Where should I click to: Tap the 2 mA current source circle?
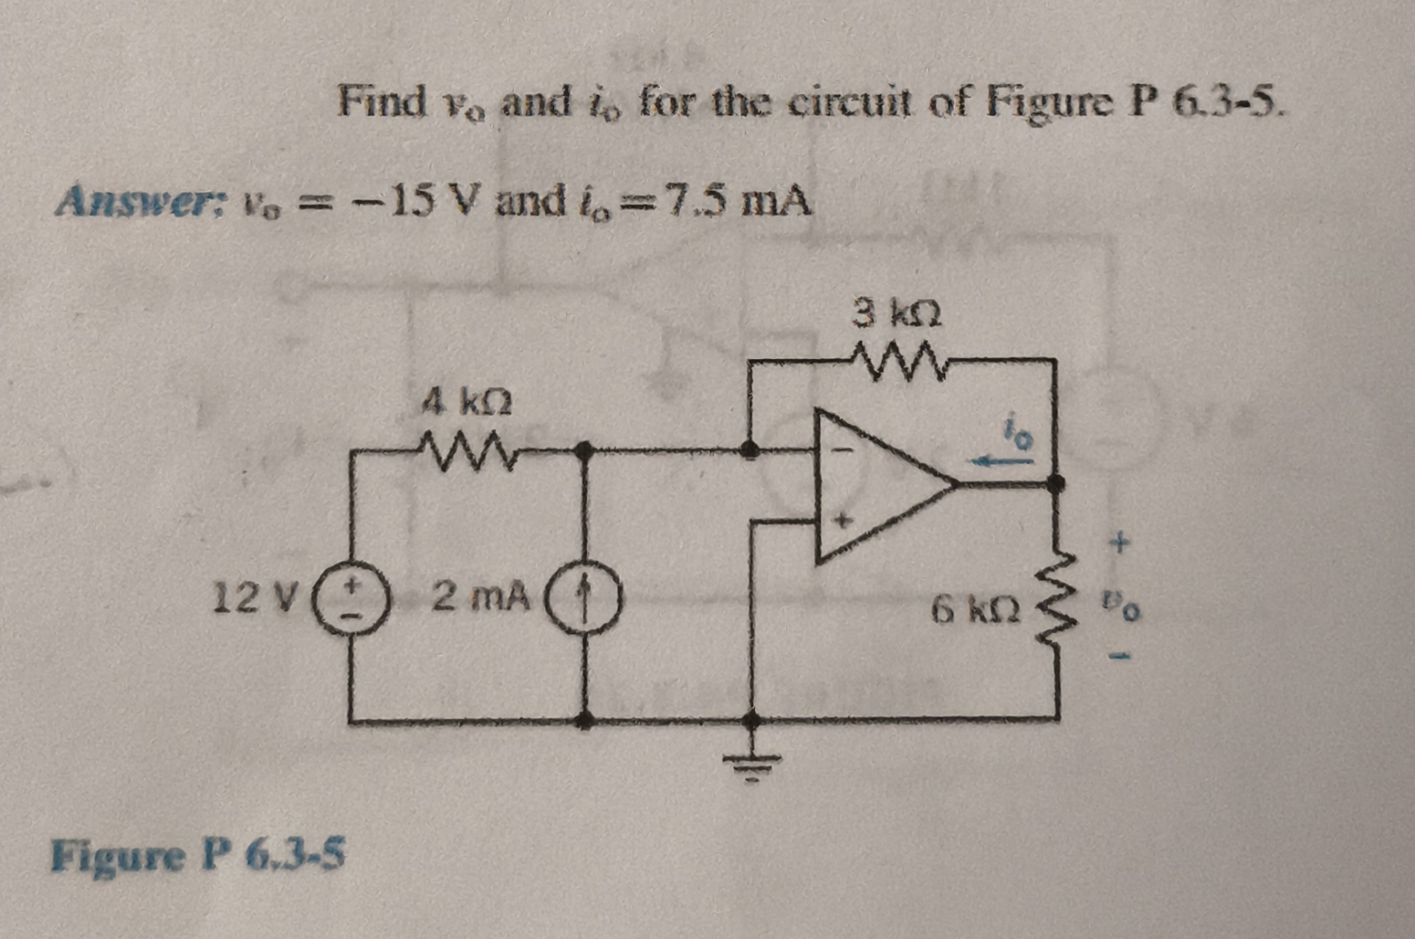pyautogui.click(x=584, y=601)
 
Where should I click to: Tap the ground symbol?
pyautogui.click(x=753, y=763)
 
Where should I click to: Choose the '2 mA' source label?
pyautogui.click(x=481, y=596)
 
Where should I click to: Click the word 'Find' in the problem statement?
pyautogui.click(x=381, y=101)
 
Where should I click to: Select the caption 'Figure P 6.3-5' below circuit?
pyautogui.click(x=197, y=855)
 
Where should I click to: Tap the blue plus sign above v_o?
pyautogui.click(x=1120, y=545)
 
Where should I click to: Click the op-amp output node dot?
pyautogui.click(x=1056, y=483)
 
